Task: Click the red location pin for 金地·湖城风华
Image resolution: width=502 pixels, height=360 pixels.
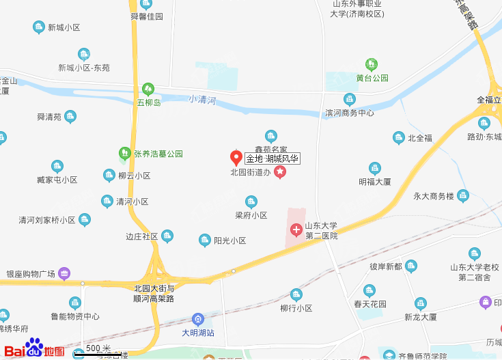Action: pyautogui.click(x=236, y=158)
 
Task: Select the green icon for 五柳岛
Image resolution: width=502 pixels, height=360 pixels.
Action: pyautogui.click(x=148, y=89)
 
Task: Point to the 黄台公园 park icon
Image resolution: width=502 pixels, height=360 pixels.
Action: pyautogui.click(x=372, y=65)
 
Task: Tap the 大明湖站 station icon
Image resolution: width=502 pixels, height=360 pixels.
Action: pyautogui.click(x=198, y=318)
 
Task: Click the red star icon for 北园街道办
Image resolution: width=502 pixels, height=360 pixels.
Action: pyautogui.click(x=279, y=173)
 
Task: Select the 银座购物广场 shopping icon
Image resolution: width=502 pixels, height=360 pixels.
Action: pyautogui.click(x=64, y=273)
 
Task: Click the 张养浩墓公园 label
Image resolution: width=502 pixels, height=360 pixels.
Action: pyautogui.click(x=158, y=154)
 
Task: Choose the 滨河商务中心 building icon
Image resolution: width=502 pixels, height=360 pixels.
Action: pyautogui.click(x=349, y=100)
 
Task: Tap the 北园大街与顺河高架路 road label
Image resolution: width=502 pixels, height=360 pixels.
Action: pyautogui.click(x=154, y=293)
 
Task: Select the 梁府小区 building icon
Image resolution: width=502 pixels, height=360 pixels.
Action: pyautogui.click(x=251, y=202)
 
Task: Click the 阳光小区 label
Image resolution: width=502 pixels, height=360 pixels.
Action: pyautogui.click(x=229, y=240)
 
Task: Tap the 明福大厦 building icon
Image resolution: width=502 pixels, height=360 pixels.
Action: pyautogui.click(x=374, y=168)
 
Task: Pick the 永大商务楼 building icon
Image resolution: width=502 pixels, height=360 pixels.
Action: pyautogui.click(x=462, y=195)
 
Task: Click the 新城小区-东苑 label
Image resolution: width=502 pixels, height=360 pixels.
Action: pyautogui.click(x=84, y=68)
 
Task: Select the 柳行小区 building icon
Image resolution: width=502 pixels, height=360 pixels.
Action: pyautogui.click(x=296, y=294)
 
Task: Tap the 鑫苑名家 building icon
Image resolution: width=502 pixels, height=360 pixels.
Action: pyautogui.click(x=271, y=136)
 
